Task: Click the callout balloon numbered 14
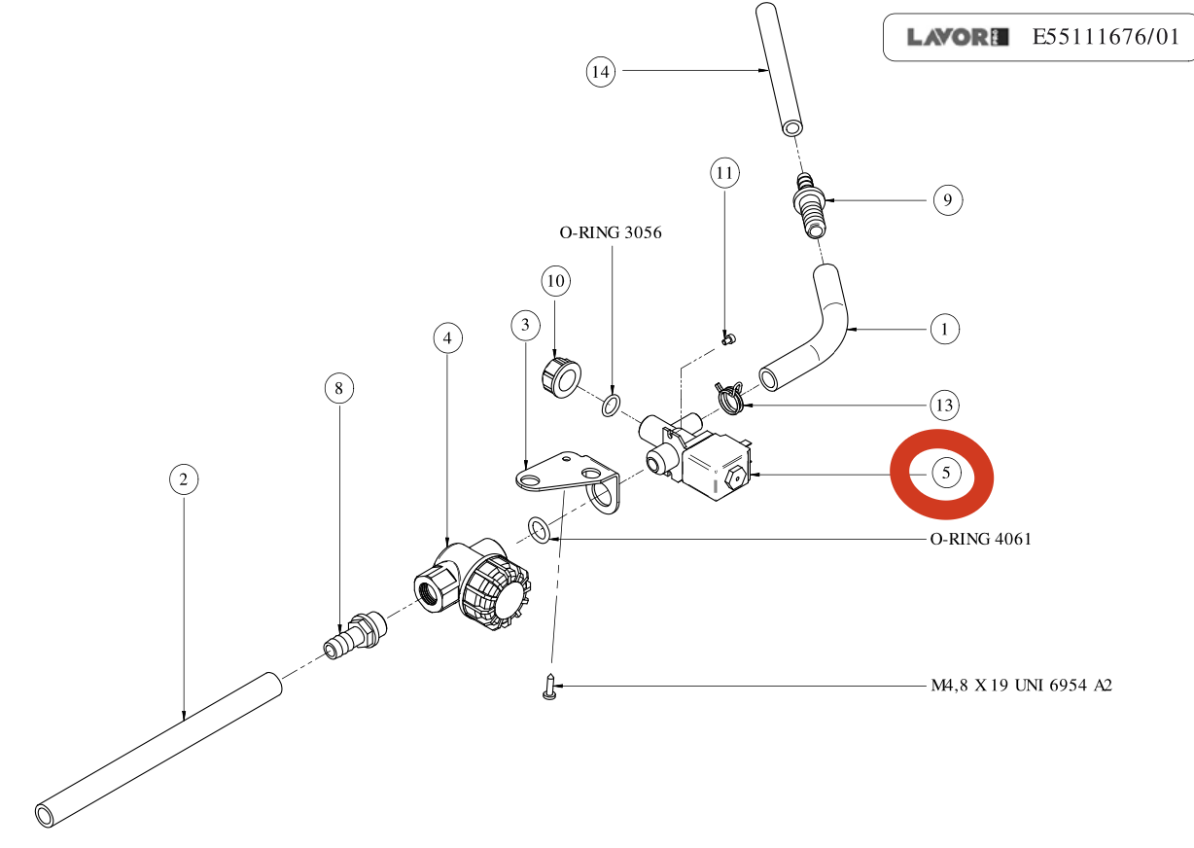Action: (x=601, y=71)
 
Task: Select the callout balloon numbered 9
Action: (x=947, y=200)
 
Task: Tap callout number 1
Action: (x=944, y=329)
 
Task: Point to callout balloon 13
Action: (x=943, y=405)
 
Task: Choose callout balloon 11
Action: (x=723, y=174)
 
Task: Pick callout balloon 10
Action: (x=555, y=282)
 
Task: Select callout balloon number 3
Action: (x=525, y=324)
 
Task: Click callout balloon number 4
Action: (x=447, y=338)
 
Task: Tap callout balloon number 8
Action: (x=338, y=389)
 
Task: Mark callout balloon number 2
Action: (x=183, y=478)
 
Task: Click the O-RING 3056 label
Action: (x=611, y=232)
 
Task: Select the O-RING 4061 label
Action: (x=975, y=539)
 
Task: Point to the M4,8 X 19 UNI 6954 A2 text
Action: (x=1015, y=686)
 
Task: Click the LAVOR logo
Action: (x=952, y=38)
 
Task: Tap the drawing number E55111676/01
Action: (x=1105, y=38)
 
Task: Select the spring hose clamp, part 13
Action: (x=729, y=395)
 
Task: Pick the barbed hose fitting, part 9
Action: (x=809, y=203)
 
